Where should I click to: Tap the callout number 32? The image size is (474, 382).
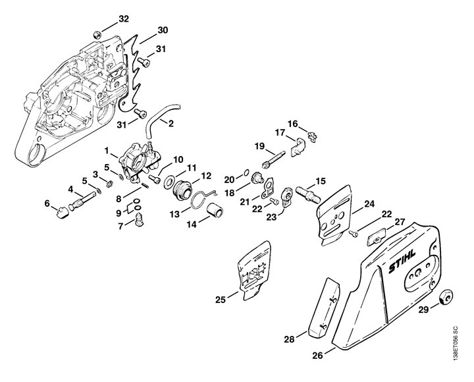[123, 19]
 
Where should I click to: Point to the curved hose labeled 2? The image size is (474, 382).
[160, 117]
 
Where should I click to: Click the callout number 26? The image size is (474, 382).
[317, 356]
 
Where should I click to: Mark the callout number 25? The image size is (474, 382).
[221, 300]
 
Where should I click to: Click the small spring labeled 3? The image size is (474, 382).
[110, 183]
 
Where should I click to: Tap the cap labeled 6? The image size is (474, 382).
[62, 211]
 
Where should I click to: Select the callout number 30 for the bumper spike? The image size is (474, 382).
[163, 30]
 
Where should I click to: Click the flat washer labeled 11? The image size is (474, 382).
[169, 183]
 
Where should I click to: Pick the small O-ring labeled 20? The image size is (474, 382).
[246, 173]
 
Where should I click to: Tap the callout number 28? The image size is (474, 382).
[289, 339]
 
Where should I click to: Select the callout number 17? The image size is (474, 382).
[280, 132]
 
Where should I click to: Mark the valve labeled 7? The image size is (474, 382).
[139, 219]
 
